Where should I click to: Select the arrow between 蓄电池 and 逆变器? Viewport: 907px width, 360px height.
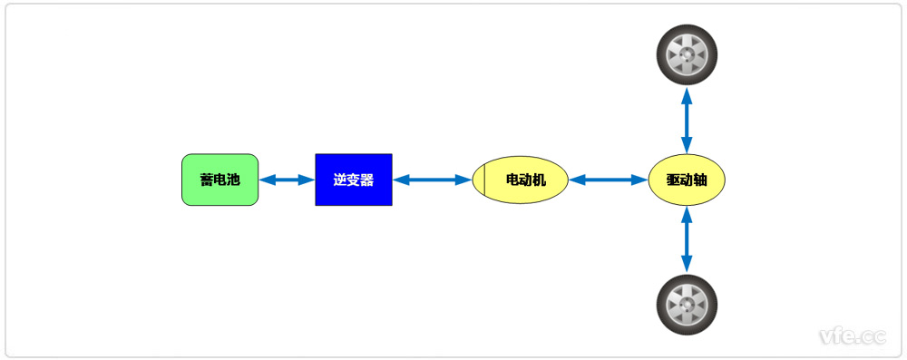pyautogui.click(x=287, y=180)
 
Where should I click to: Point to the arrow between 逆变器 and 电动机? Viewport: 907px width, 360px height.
pyautogui.click(x=433, y=180)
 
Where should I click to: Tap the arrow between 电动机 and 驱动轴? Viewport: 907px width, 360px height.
pyautogui.click(x=608, y=180)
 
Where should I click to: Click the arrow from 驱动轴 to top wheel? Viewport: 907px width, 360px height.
pyautogui.click(x=687, y=120)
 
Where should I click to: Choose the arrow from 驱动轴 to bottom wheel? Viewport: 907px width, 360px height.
pyautogui.click(x=687, y=239)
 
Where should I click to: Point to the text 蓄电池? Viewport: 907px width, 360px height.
pyautogui.click(x=220, y=180)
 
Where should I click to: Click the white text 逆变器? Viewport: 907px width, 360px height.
pyautogui.click(x=354, y=180)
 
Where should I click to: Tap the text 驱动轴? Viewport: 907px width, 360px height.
pyautogui.click(x=687, y=180)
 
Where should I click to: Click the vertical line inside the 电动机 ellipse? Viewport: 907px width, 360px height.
pyautogui.click(x=485, y=180)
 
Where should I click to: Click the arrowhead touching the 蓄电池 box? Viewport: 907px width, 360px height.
pyautogui.click(x=266, y=180)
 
